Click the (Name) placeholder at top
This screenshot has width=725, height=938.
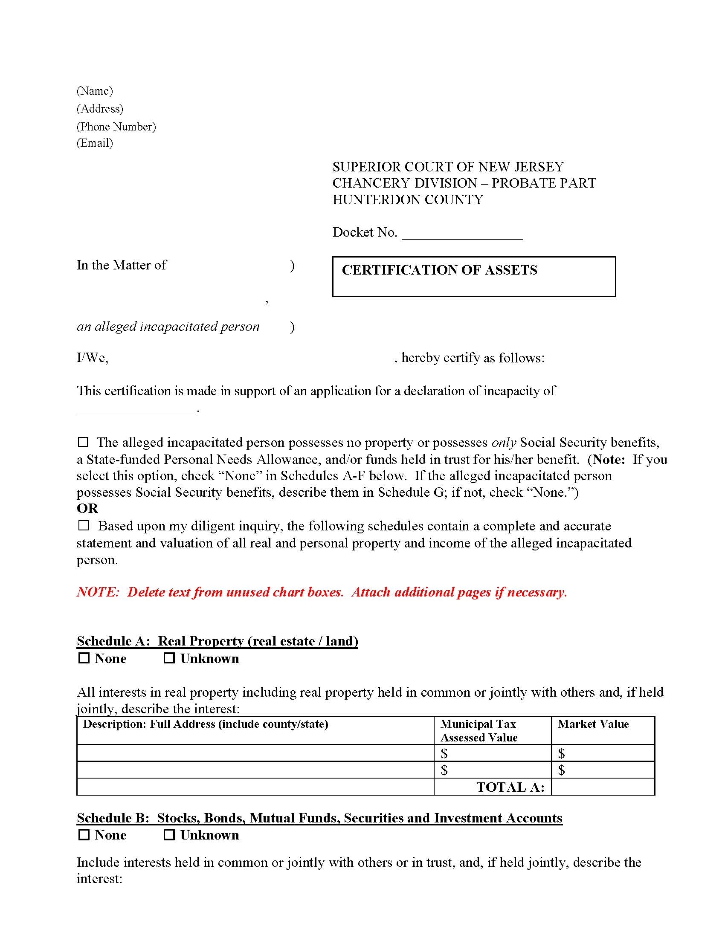(95, 91)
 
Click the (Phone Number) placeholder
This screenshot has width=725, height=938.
(116, 127)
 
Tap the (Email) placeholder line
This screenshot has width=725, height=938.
(95, 143)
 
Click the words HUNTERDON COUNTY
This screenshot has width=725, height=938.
(408, 200)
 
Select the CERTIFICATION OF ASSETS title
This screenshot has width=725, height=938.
(439, 270)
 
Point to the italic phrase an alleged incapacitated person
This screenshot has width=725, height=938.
(168, 327)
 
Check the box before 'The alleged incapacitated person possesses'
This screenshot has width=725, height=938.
(83, 442)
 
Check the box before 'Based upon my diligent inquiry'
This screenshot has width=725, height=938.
(84, 526)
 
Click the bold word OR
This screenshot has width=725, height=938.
(87, 509)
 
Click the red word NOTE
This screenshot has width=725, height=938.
(98, 592)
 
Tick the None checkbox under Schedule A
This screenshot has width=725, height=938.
(84, 658)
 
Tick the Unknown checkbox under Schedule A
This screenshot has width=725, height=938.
(169, 658)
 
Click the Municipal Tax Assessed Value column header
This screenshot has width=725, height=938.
(478, 730)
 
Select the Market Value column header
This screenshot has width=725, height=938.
(593, 724)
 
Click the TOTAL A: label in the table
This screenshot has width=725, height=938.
(510, 787)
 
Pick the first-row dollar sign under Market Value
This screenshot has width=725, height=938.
(561, 753)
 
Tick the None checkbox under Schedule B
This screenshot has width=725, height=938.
(84, 835)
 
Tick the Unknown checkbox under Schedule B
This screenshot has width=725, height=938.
(169, 835)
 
